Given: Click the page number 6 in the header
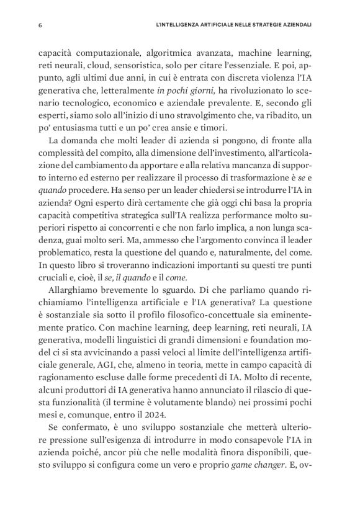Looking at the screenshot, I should point(40,25).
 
